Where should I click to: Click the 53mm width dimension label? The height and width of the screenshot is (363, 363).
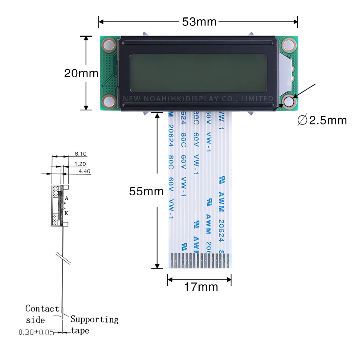click(199, 22)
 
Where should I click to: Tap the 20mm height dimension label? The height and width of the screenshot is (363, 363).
click(81, 73)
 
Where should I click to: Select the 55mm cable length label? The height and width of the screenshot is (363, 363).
click(146, 191)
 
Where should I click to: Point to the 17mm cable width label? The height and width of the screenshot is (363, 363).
click(201, 287)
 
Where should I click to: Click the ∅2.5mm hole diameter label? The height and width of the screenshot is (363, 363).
click(322, 120)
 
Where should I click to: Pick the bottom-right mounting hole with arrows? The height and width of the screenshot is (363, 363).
click(289, 102)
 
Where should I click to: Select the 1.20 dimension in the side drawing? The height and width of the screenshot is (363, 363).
click(80, 164)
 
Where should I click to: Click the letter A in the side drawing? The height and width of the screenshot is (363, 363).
click(67, 198)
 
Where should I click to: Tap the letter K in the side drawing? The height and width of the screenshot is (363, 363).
click(66, 213)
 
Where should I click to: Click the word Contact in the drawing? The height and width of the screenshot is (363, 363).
click(42, 309)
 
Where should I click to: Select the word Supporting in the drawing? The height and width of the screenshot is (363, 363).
click(94, 319)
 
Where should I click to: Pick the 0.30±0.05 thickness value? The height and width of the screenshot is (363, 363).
click(36, 332)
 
